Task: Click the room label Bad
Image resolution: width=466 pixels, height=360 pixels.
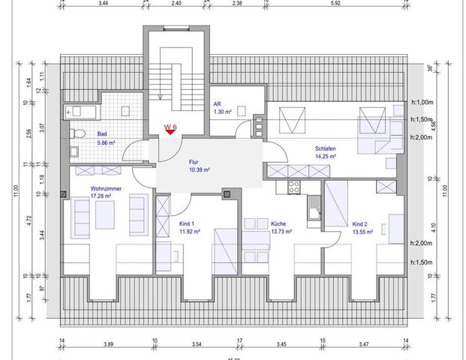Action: tap(101, 134)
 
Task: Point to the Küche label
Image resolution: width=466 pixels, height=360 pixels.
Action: tap(280, 224)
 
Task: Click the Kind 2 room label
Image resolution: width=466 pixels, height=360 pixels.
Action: tap(360, 224)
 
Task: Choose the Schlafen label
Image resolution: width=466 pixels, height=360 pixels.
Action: tap(325, 149)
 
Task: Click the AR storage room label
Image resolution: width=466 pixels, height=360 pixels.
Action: tap(216, 104)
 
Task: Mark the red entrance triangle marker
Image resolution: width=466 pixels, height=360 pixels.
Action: tap(172, 136)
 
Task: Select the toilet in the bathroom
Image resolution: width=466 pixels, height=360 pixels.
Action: tap(76, 134)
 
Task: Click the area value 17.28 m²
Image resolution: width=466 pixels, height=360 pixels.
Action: tap(101, 196)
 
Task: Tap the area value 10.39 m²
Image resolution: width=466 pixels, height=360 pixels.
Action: tap(198, 170)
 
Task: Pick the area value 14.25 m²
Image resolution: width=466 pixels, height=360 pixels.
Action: tap(325, 157)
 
